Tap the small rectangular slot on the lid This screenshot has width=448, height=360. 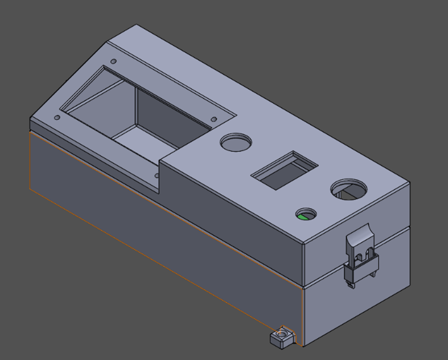point(284,170)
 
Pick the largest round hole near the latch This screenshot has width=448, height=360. point(349,189)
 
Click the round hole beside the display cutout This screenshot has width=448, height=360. point(236,142)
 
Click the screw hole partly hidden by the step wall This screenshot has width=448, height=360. point(157,176)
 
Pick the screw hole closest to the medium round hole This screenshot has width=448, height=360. point(214,119)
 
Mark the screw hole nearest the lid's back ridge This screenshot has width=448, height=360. point(114,61)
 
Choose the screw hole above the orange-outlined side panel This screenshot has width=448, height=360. point(57,118)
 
